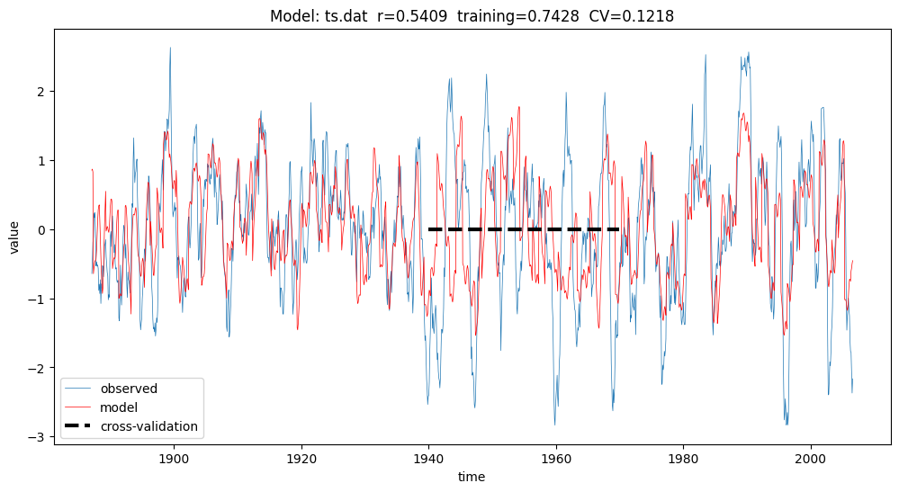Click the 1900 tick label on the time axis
[x=173, y=456]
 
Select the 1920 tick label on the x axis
[x=301, y=456]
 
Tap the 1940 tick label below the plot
[x=428, y=456]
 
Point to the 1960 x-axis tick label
[x=556, y=456]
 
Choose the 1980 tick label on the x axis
[x=684, y=456]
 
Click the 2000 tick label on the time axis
[x=812, y=456]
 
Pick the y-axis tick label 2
[x=41, y=92]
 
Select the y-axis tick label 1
[x=41, y=161]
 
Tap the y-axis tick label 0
[x=41, y=230]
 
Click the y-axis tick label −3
[x=38, y=438]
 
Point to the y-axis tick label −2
[x=38, y=369]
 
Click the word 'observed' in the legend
[x=129, y=389]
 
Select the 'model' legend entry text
[x=119, y=407]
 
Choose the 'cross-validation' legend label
[x=148, y=426]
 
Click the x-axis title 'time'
[x=471, y=477]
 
